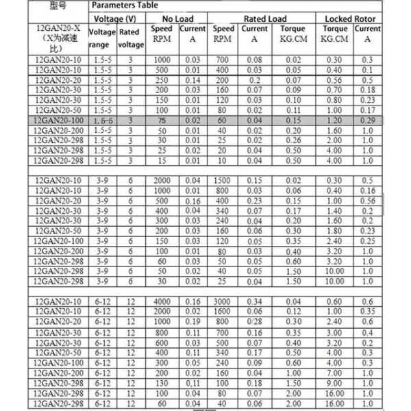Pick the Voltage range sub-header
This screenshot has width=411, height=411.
[103, 38]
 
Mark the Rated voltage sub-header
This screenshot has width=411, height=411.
[131, 38]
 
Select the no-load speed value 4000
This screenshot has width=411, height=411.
[162, 302]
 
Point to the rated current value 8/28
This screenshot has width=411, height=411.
[255, 322]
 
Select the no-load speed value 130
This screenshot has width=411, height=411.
[162, 384]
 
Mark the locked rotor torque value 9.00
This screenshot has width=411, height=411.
[336, 384]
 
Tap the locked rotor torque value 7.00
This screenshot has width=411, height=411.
[336, 373]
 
